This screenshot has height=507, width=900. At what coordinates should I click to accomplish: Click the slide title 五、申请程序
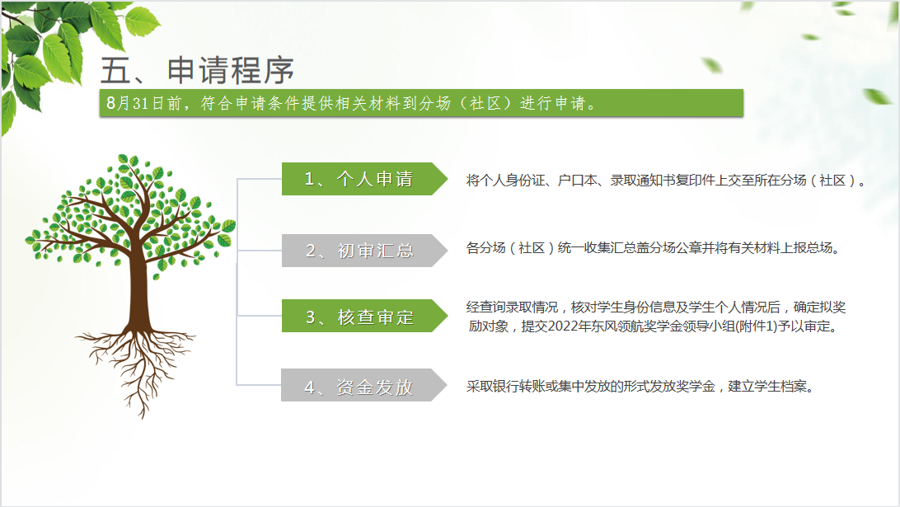coord(197,70)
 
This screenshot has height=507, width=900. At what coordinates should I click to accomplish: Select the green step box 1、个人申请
coord(364,179)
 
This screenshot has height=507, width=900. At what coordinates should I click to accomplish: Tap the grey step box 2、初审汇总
coord(364,251)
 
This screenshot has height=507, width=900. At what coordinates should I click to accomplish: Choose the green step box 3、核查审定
coord(364,316)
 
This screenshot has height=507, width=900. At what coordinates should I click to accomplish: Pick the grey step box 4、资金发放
coord(364,385)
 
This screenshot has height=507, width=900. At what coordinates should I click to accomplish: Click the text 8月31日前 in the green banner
coord(144,103)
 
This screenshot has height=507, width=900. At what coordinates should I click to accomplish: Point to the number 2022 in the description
coord(563,326)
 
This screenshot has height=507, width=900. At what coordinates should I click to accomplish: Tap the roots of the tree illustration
coord(136,368)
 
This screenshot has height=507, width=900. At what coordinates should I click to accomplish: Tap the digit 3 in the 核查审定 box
coord(311,317)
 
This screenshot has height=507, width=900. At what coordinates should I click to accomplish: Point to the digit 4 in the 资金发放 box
coord(309,387)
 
